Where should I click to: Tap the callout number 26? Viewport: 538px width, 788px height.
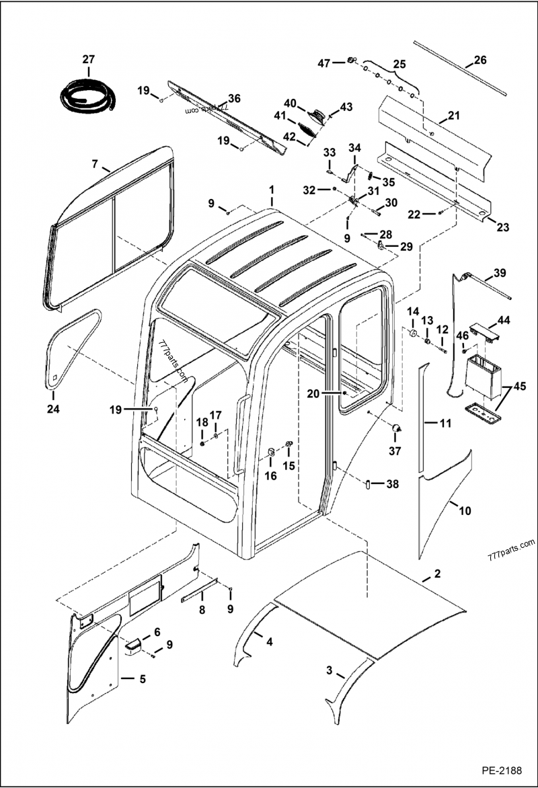coord(479,60)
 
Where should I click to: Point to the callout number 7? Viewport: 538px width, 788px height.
coord(95,163)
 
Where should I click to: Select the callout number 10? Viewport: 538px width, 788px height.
coord(465,511)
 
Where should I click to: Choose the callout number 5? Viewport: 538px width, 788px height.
coord(142,679)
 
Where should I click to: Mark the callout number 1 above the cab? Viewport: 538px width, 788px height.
coord(272,190)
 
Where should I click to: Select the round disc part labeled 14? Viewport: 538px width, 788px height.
coord(412,335)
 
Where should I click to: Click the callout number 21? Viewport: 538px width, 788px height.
coord(453,116)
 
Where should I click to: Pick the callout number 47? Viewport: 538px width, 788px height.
coord(324,63)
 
